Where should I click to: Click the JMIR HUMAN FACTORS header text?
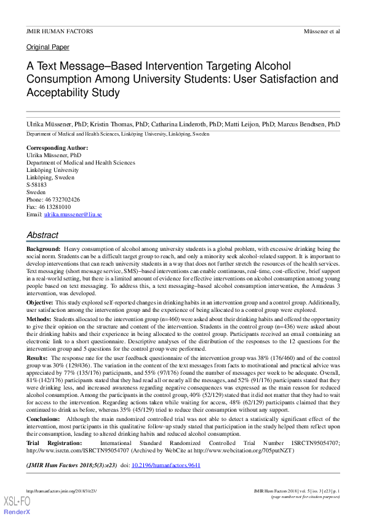tap(60, 31)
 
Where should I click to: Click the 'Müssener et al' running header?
tap(322, 31)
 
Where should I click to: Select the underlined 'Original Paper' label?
tap(48, 47)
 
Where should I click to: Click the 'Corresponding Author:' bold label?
tap(57, 148)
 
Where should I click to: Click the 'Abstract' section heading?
tap(42, 235)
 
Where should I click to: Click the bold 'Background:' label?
tap(43, 248)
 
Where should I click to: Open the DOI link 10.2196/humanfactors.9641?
tap(166, 465)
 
